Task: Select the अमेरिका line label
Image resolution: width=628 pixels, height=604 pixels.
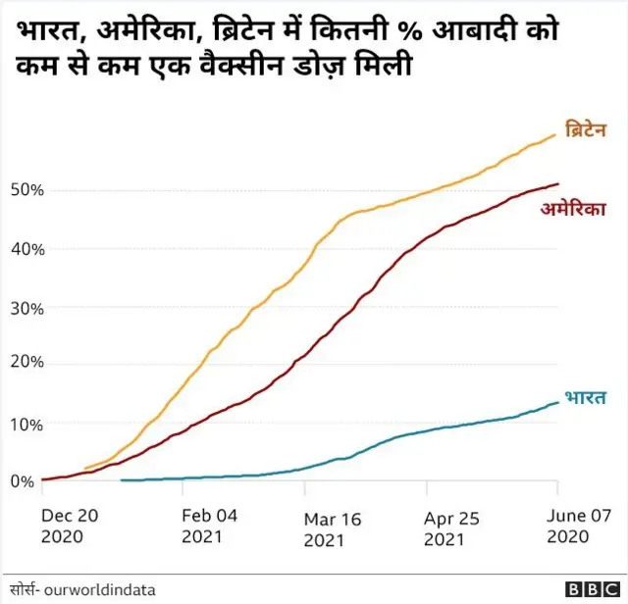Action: click(573, 209)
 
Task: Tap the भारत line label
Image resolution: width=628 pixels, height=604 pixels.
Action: click(585, 397)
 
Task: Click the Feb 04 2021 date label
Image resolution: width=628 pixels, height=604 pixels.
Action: click(210, 525)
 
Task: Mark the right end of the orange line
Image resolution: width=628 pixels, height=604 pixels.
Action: click(555, 134)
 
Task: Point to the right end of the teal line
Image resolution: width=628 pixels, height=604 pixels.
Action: click(558, 402)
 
